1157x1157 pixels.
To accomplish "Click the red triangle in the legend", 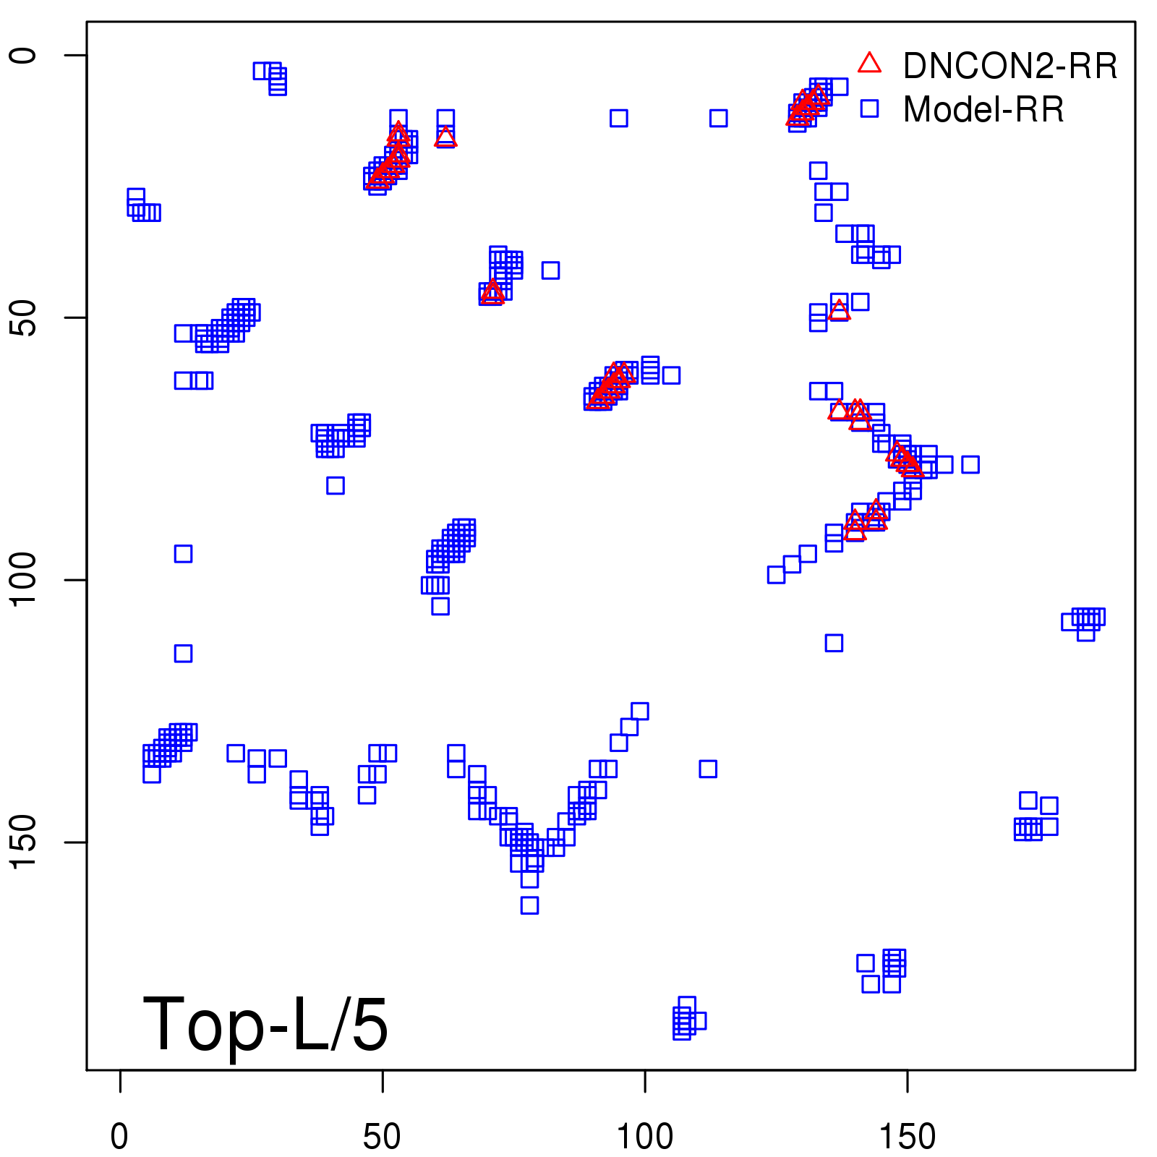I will coord(869,64).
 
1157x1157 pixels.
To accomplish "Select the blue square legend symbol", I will coord(869,108).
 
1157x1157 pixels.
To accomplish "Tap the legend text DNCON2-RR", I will coord(1010,67).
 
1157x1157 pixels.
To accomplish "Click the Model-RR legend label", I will coord(983,110).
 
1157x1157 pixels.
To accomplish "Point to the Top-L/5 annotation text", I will coord(265,1024).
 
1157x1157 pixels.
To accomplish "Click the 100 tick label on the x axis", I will coord(644,1137).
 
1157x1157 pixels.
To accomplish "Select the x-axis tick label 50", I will coord(382,1137).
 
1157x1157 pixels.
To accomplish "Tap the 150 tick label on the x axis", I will coord(907,1137).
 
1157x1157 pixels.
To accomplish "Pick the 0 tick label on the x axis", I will coord(119,1137).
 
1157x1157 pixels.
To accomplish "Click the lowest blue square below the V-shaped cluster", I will coord(529,905).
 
